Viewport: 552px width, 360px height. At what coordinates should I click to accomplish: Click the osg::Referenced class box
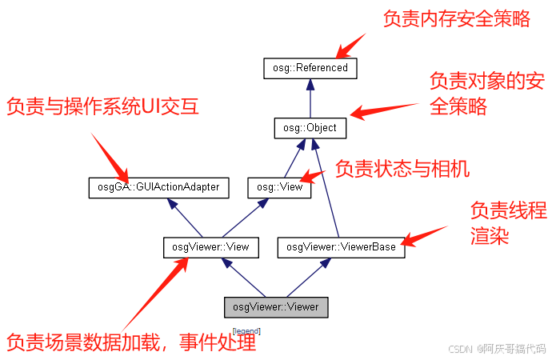tap(310, 68)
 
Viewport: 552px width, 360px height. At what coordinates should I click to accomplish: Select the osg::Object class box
tap(310, 128)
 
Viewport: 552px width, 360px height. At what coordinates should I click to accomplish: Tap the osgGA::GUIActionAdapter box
tap(158, 188)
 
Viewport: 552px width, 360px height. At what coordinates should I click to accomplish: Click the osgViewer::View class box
tap(210, 247)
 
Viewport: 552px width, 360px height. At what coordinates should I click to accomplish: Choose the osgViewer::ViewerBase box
tap(342, 248)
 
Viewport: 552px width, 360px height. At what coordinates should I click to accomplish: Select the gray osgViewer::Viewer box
tap(275, 306)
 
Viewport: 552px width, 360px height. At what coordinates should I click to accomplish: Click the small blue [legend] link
tap(246, 331)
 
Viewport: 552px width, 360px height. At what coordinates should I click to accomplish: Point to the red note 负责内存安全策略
tap(456, 19)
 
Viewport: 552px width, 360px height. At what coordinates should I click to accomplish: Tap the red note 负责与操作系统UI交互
tap(102, 106)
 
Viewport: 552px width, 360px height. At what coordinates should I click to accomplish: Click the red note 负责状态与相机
tap(402, 169)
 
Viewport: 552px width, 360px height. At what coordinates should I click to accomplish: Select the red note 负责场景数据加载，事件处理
tap(131, 342)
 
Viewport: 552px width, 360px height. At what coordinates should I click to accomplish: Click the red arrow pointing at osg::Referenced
tap(350, 46)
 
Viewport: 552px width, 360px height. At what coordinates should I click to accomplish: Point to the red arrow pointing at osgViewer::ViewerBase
tap(423, 235)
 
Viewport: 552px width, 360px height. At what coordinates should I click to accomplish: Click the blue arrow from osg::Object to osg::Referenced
tap(310, 98)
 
